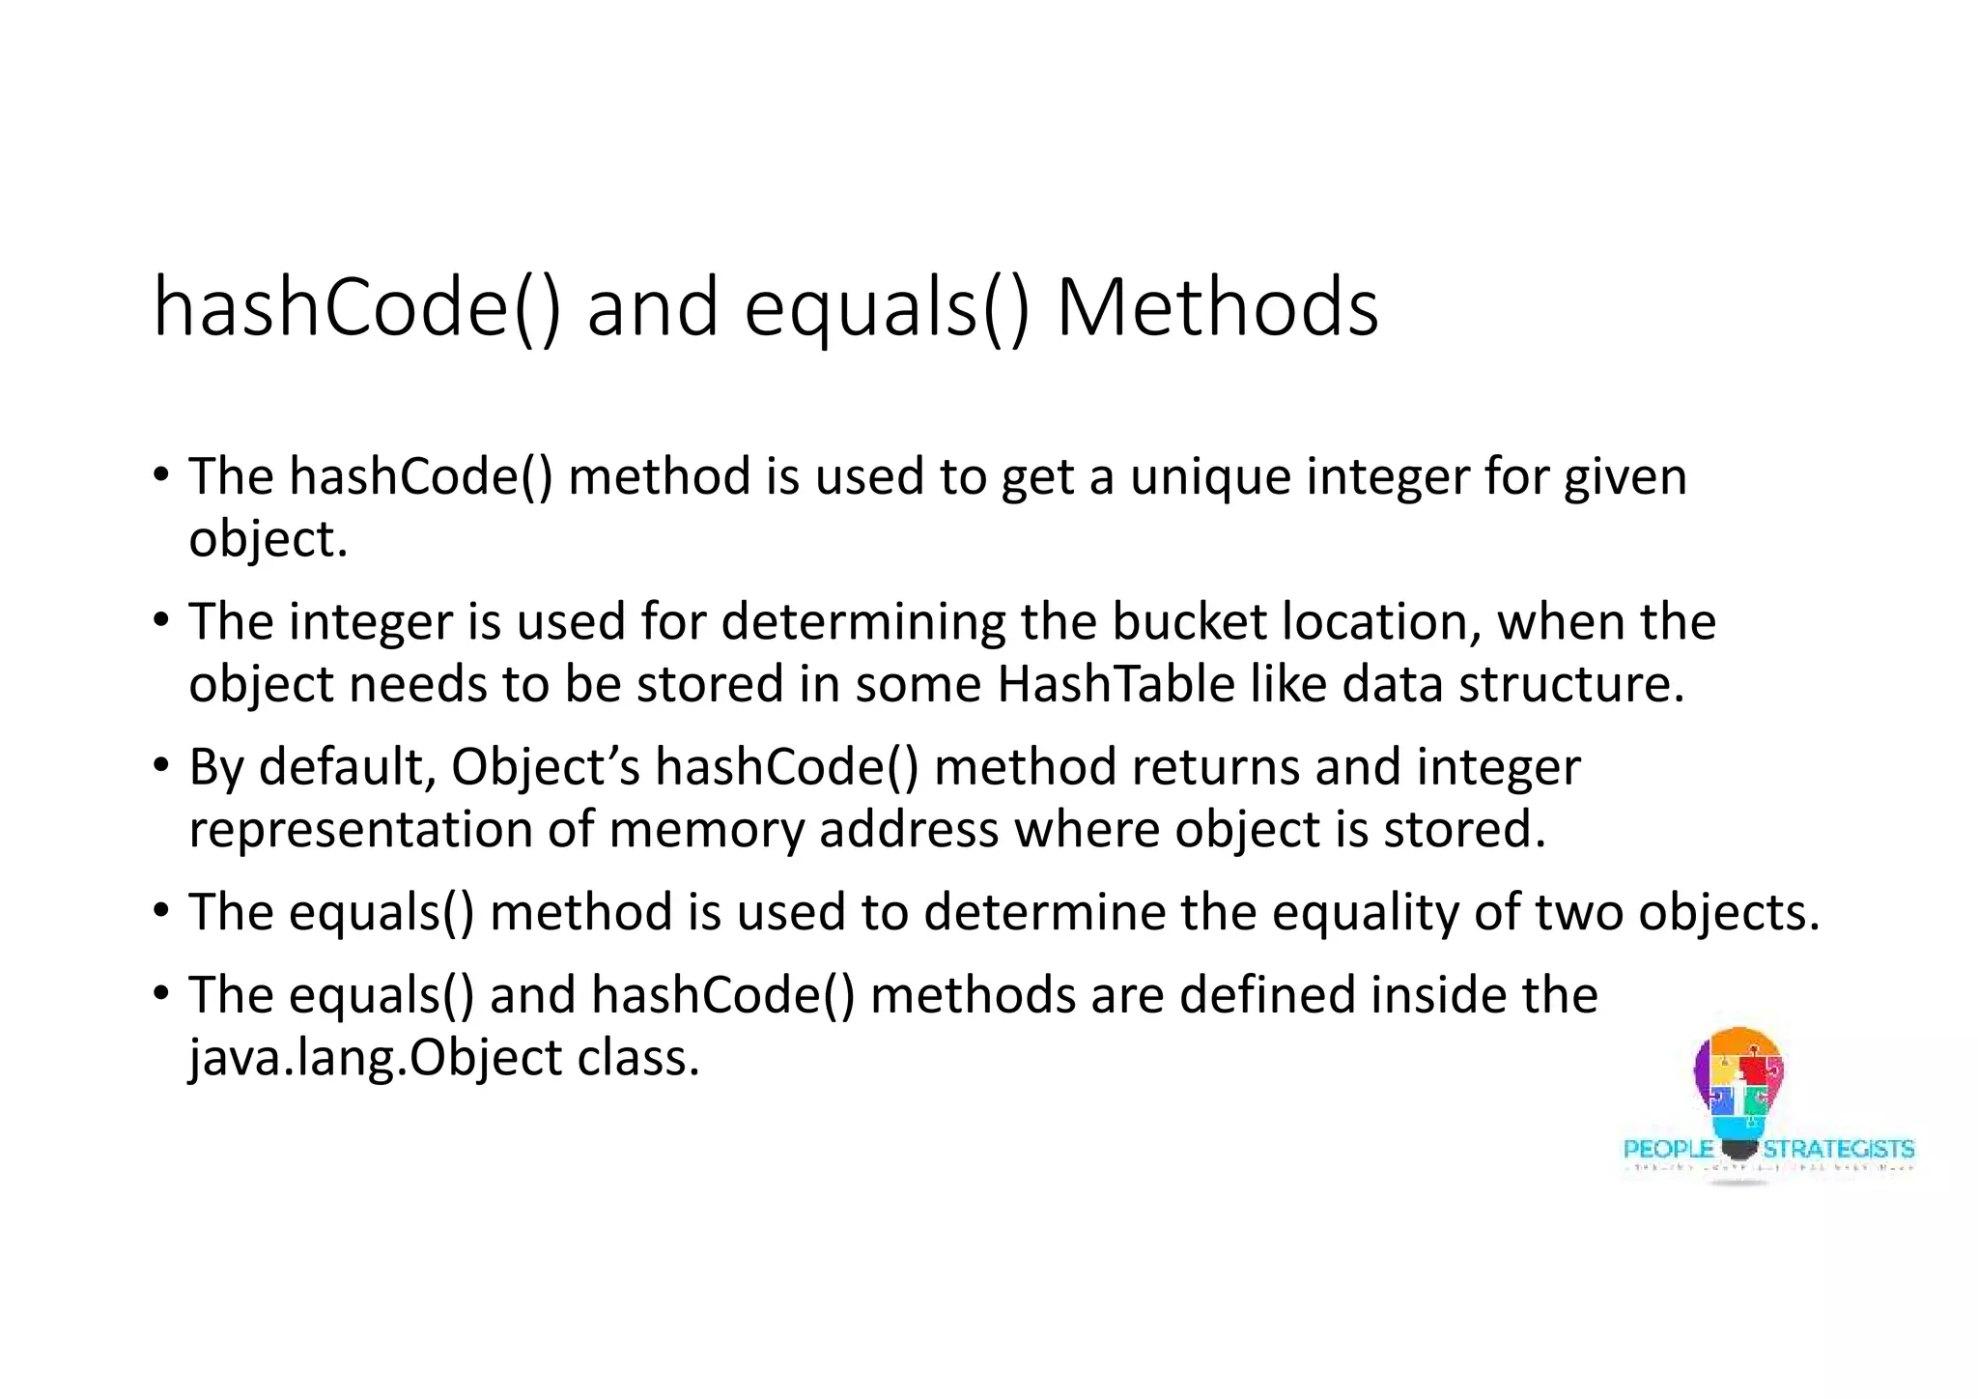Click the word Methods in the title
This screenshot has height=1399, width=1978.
[1217, 307]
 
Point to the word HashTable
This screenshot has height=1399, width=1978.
[1116, 685]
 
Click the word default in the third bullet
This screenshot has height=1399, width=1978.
[342, 767]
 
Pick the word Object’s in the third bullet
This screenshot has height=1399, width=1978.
[546, 767]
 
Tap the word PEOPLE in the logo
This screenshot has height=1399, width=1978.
[1668, 1150]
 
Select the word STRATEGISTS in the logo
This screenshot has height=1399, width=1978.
[1838, 1150]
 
